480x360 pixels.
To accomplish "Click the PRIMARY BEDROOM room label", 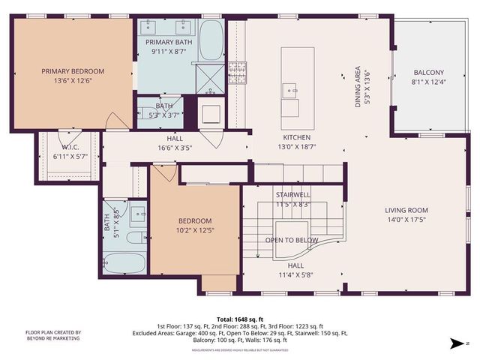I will (73, 71).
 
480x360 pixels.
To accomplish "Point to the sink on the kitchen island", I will (289, 91).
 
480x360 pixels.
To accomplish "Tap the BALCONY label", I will (428, 73).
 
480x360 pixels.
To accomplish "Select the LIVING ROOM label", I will (406, 210).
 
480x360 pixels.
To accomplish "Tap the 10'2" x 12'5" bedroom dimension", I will (194, 230).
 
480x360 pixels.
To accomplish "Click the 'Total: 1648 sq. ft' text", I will (239, 318).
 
